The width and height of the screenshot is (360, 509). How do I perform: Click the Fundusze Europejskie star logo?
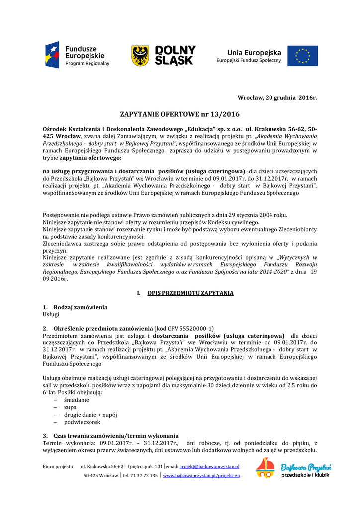53,55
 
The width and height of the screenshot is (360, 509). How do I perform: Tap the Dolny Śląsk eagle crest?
140,56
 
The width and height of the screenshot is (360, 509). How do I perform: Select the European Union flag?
302,56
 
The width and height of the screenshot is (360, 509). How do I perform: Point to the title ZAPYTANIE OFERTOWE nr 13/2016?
180,114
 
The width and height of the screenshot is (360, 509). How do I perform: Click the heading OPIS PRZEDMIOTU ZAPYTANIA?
190,293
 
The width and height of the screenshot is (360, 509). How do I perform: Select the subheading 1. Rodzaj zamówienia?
75,307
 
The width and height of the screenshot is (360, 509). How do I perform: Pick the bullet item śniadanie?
76,400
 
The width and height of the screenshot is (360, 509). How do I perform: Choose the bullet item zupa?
70,407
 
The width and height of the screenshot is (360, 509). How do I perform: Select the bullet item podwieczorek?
82,422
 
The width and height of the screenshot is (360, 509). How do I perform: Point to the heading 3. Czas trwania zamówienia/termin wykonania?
110,435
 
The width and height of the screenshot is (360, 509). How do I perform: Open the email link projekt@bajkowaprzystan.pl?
209,467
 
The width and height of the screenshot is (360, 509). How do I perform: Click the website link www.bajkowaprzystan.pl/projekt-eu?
201,476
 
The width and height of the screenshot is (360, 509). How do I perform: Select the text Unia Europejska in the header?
254,52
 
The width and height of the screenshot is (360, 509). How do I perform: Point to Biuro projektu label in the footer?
58,467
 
